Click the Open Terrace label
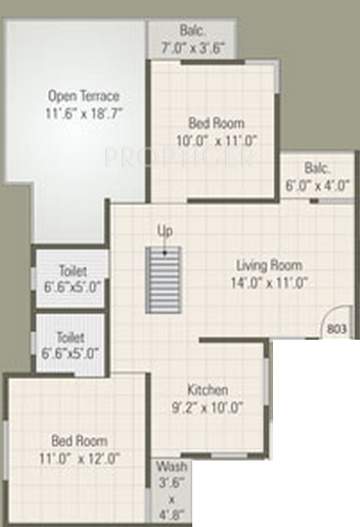(84, 96)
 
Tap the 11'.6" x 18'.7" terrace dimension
(84, 113)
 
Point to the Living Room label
(268, 265)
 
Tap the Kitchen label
(208, 389)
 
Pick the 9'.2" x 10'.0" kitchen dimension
(208, 407)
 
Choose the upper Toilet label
(71, 270)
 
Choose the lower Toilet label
(71, 337)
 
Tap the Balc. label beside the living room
(316, 167)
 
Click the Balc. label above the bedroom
(194, 30)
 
